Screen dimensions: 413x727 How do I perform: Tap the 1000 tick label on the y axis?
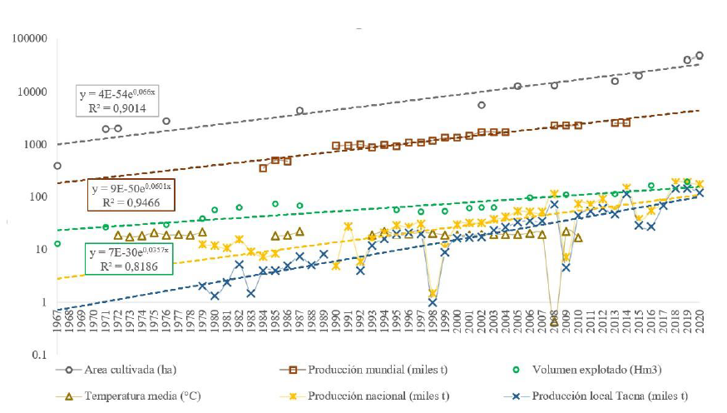(34, 145)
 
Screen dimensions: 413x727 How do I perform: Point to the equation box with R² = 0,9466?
(131, 194)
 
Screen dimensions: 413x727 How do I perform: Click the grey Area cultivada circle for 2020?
(700, 56)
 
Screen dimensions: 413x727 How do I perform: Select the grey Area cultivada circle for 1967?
(57, 166)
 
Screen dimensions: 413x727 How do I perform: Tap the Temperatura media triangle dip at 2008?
(554, 321)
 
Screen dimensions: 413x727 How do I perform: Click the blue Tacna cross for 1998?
(433, 303)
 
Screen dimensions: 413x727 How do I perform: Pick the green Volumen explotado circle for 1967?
(57, 244)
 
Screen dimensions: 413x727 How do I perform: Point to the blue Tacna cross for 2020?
(700, 192)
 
